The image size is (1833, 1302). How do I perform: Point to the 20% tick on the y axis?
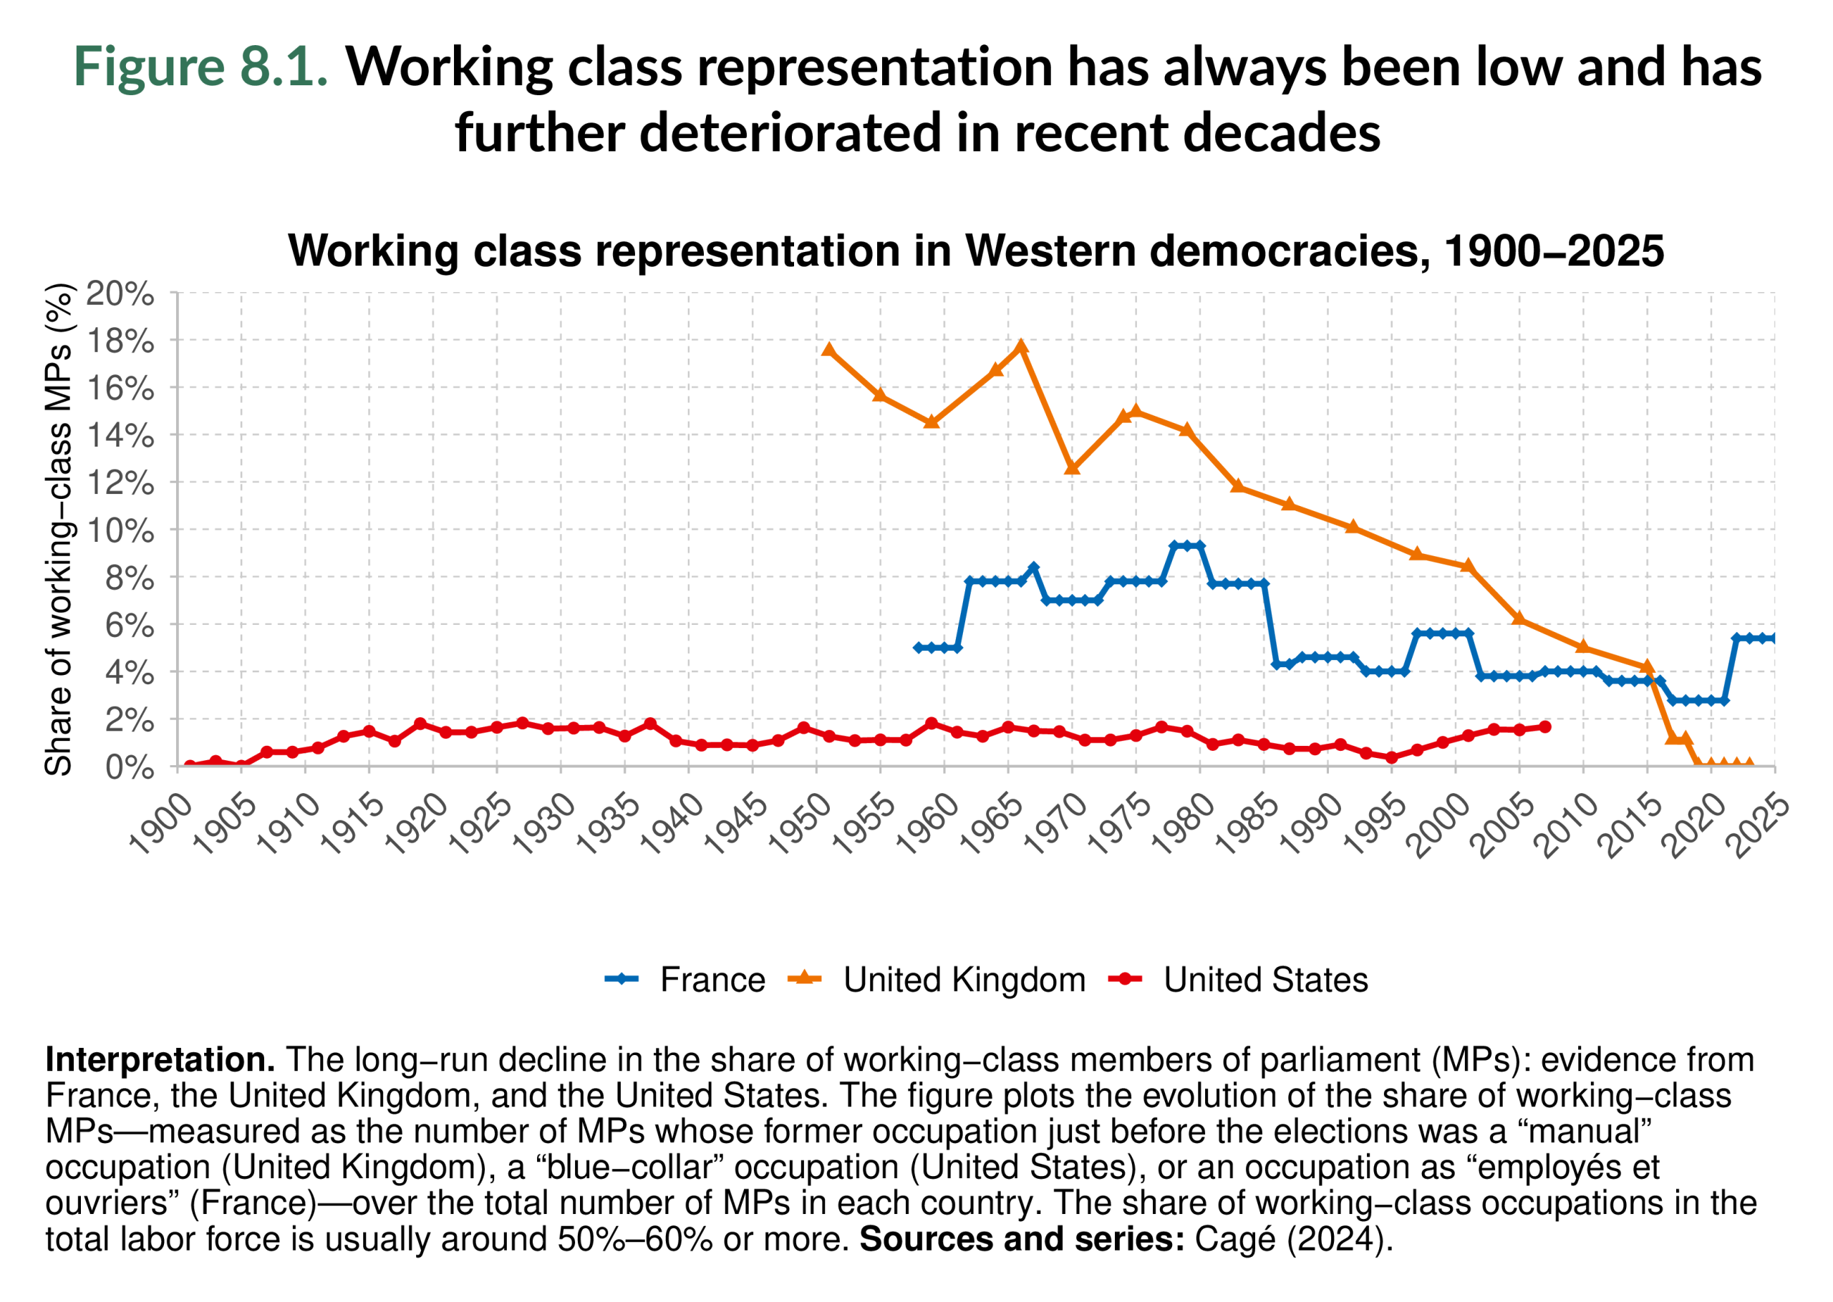pos(120,294)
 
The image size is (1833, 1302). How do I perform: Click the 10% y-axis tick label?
pos(120,530)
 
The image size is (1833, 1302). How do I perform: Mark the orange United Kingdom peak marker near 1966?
pos(1021,346)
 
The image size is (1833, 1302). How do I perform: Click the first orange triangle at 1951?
pos(829,350)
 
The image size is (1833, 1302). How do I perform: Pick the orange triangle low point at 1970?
pos(1072,467)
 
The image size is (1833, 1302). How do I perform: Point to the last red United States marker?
pos(1545,727)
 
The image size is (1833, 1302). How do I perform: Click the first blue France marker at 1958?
pos(919,647)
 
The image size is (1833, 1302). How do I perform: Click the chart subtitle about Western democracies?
pos(975,251)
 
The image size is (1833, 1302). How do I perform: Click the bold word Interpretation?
pos(160,1060)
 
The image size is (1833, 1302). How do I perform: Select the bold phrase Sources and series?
pos(1022,1240)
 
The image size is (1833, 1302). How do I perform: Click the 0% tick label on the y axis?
pos(129,767)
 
